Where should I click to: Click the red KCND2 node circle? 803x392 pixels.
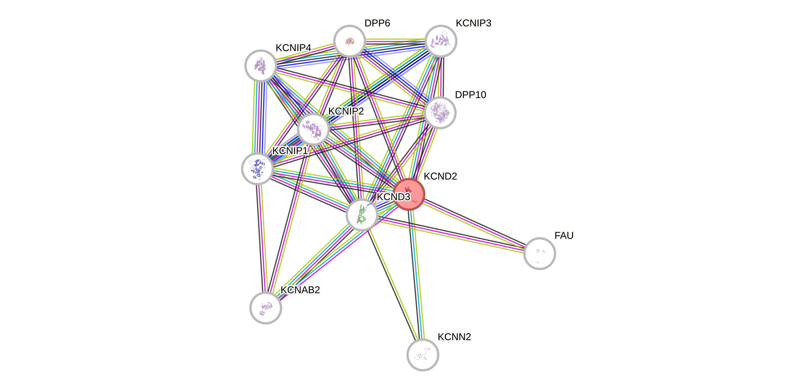[x=409, y=194]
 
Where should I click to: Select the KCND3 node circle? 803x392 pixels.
[x=362, y=215]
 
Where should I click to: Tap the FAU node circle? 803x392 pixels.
[x=539, y=253]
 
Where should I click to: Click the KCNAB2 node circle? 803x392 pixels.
[x=266, y=308]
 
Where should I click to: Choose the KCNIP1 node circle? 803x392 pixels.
[x=257, y=169]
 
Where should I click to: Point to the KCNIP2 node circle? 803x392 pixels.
[x=313, y=129]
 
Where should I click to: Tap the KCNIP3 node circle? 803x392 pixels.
[x=441, y=41]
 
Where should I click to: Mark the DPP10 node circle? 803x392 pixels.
[x=440, y=112]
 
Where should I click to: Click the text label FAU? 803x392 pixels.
[x=564, y=235]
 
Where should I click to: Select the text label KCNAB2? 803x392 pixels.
[x=300, y=290]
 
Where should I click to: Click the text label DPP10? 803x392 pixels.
[x=470, y=95]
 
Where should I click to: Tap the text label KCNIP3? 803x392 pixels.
[x=473, y=23]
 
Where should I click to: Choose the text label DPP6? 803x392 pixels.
[x=377, y=23]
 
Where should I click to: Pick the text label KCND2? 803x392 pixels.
[x=440, y=176]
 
